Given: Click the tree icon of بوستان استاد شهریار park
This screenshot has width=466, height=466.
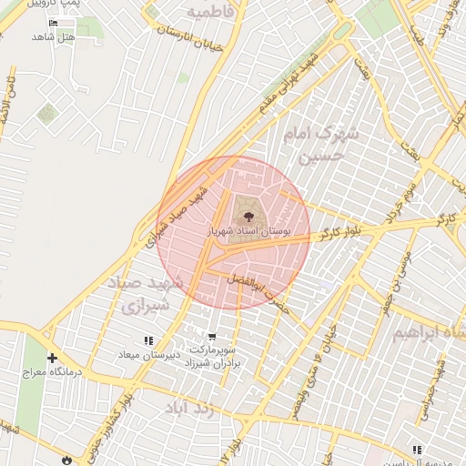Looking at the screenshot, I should click(246, 215).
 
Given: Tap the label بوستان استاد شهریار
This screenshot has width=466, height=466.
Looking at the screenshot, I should click(248, 232).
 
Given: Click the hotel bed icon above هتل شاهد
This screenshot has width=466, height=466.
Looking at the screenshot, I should click(52, 23).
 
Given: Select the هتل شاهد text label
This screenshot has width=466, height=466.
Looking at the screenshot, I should click(51, 36).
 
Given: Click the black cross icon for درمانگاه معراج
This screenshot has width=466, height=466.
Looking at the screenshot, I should click(52, 358).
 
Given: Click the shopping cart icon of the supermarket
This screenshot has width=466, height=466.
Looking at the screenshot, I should click(211, 335).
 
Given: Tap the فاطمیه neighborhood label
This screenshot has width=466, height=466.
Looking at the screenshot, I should click(211, 11).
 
